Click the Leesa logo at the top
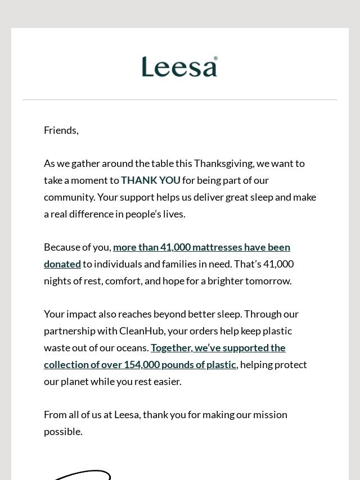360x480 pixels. pos(179,67)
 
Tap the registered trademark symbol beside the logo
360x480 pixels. pos(215,58)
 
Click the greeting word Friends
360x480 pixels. pos(60,130)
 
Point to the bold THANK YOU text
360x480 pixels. pos(151,180)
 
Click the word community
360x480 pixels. pos(69,197)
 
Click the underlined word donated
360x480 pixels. pos(62,264)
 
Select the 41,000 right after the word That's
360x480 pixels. pos(278,264)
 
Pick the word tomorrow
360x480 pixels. pos(268,281)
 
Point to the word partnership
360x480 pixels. pos(70,331)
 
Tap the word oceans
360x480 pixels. pos(132,348)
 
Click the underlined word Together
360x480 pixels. pos(171,348)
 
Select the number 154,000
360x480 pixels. pos(141,365)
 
